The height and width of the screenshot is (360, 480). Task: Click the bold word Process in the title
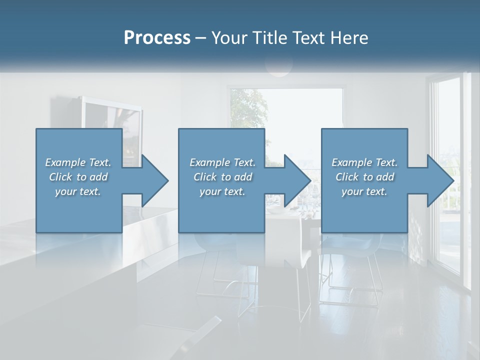coord(157,38)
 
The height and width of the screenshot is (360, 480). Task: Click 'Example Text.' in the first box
coord(78,162)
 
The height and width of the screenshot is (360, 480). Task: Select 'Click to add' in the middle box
coord(222,177)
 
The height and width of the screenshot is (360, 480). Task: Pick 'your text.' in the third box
coord(364,191)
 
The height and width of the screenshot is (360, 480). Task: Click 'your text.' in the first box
coord(78,191)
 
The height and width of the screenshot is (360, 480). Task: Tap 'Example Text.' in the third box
coord(364,162)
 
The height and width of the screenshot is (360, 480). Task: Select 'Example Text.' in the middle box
coord(222,162)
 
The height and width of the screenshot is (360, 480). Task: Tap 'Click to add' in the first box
coord(78,177)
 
